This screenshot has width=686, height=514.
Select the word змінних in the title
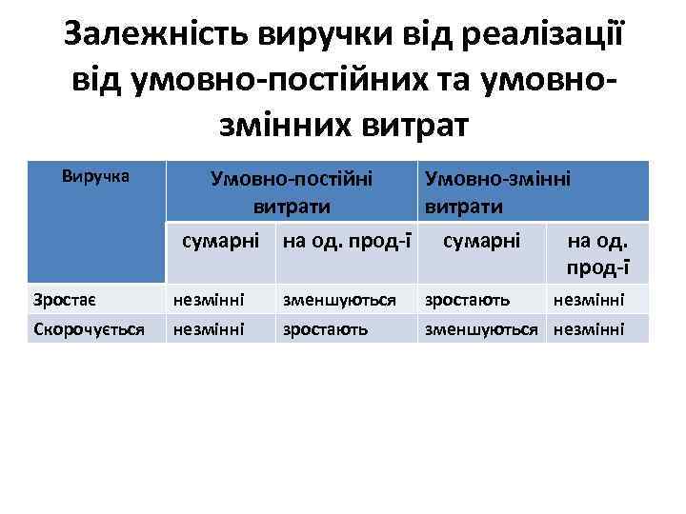(263, 123)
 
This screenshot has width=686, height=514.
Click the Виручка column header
(95, 176)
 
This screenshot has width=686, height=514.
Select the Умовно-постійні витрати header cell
(292, 191)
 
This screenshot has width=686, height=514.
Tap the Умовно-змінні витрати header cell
(496, 191)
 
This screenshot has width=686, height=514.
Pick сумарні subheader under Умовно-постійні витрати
(222, 239)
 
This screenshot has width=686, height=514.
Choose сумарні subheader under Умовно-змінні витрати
(482, 239)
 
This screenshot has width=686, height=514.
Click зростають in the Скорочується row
(321, 329)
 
